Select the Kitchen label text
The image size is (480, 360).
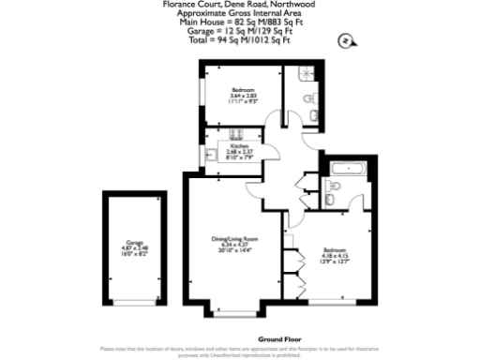coord(238,145)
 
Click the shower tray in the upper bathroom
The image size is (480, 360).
coord(304,76)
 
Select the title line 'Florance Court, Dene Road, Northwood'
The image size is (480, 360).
coord(239,5)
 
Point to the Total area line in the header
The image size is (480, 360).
coord(239,40)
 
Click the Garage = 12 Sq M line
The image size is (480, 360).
coord(239,31)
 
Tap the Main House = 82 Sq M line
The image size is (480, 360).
coord(239,22)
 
